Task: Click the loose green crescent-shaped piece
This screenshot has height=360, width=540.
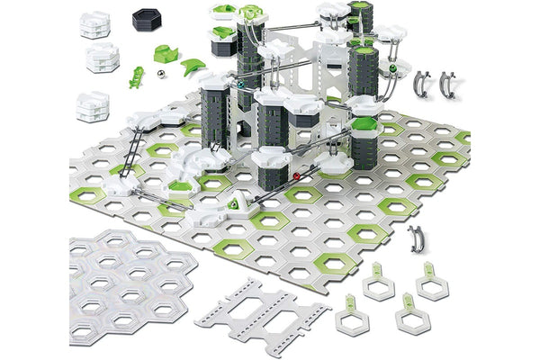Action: pos(193,67)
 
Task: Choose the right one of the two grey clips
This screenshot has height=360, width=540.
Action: pos(449,82)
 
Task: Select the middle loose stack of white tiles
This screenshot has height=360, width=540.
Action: pos(103,59)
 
